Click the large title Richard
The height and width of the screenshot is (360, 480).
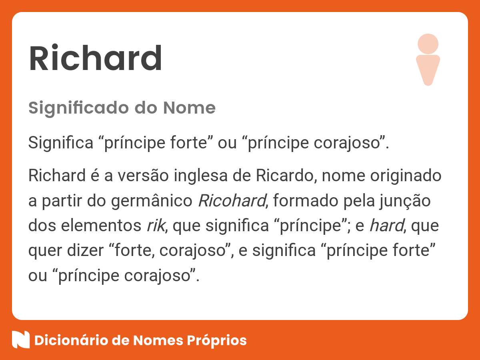click(x=95, y=58)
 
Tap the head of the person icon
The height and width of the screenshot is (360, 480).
click(x=428, y=44)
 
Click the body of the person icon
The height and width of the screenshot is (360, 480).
click(x=428, y=70)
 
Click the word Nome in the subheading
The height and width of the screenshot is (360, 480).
click(x=189, y=108)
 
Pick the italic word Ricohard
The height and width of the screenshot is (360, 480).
click(x=232, y=201)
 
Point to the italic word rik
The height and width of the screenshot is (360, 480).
click(x=156, y=226)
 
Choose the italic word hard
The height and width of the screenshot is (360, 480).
click(x=387, y=226)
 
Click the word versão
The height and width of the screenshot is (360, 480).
click(x=143, y=176)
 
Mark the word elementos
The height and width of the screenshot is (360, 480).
click(x=101, y=226)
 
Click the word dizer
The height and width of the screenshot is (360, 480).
click(x=85, y=250)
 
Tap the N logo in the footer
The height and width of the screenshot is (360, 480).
click(x=21, y=340)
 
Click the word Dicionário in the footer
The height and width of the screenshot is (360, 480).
click(x=71, y=340)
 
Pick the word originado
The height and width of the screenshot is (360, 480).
click(x=406, y=176)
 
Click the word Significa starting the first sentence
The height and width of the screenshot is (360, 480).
click(x=61, y=143)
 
